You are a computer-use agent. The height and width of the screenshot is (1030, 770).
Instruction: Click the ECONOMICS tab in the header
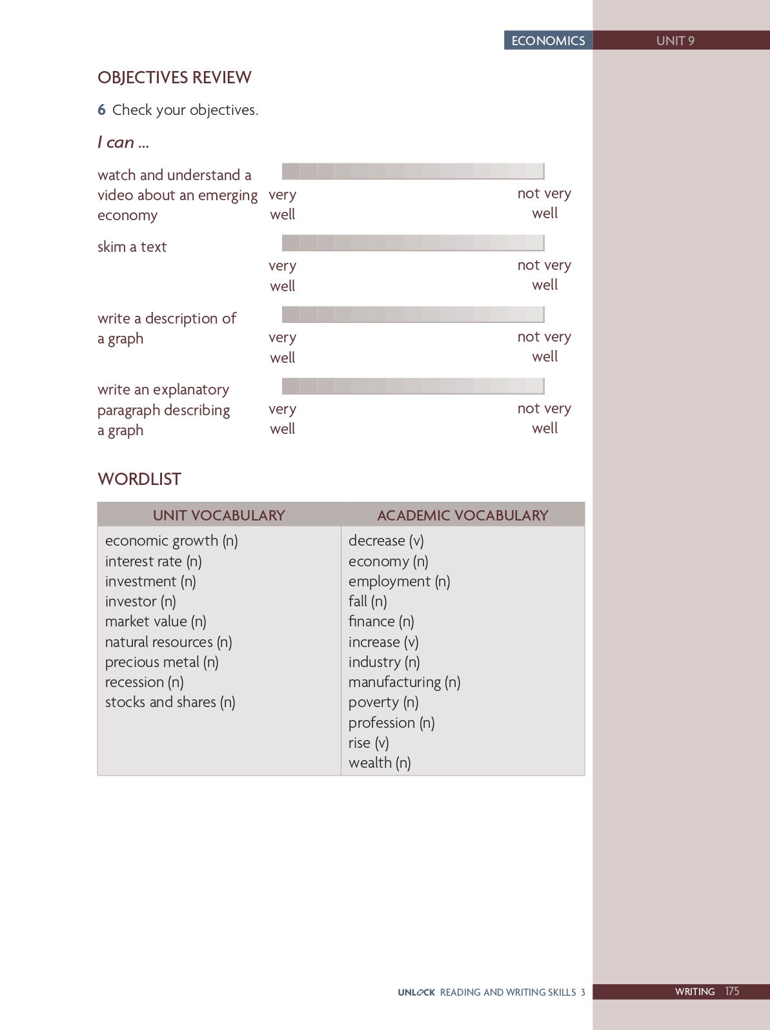click(548, 41)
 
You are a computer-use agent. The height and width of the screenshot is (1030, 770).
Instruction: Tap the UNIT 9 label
click(675, 41)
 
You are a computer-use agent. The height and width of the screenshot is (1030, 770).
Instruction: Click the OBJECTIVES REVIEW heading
click(174, 77)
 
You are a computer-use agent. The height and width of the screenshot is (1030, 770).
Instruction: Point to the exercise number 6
click(101, 110)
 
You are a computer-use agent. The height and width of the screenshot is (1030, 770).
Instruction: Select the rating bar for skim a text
click(413, 243)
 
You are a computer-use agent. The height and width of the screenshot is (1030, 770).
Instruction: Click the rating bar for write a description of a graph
click(413, 314)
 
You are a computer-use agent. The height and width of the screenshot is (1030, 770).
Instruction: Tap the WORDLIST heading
click(139, 479)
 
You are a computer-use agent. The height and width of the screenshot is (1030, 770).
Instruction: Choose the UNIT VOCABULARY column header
click(219, 515)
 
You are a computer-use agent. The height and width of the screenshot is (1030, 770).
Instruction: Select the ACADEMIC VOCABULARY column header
click(462, 515)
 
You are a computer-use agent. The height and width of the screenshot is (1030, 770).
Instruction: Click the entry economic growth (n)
click(171, 541)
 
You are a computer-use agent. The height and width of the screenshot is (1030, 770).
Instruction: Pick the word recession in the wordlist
click(134, 682)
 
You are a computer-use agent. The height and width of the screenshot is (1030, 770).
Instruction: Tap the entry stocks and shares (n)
click(170, 702)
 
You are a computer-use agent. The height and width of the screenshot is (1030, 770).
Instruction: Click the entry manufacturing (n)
click(404, 682)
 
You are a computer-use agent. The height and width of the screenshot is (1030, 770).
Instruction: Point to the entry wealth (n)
click(380, 763)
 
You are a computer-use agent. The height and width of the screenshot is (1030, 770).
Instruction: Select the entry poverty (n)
click(383, 702)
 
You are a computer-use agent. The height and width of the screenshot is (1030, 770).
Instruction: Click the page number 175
click(732, 991)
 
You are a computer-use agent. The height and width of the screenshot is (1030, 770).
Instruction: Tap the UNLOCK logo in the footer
click(416, 992)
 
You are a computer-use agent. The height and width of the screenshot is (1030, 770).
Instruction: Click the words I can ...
click(123, 142)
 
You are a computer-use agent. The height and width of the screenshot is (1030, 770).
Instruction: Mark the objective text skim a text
click(132, 247)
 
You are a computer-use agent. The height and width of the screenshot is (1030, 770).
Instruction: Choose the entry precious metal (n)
click(161, 662)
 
